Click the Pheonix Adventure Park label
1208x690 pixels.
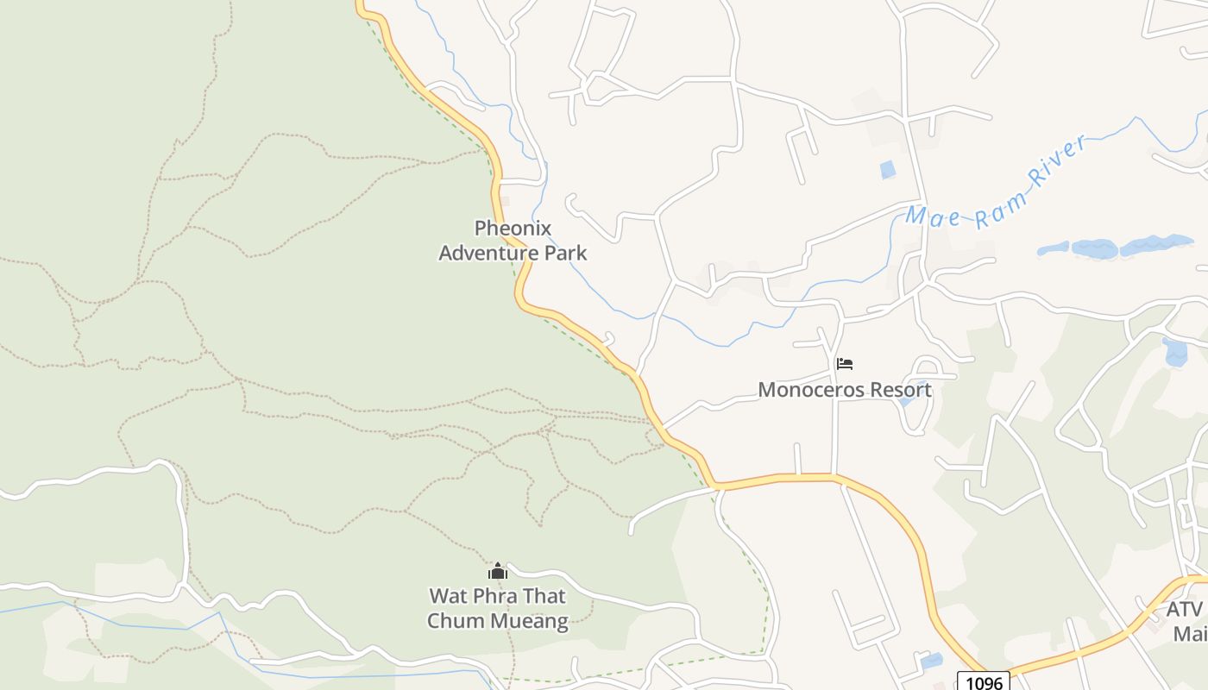pos(513,241)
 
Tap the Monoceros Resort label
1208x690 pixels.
pos(844,390)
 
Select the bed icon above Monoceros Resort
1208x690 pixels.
pos(845,364)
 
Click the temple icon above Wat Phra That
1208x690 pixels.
pos(498,571)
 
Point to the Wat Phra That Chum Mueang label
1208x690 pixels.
pos(498,608)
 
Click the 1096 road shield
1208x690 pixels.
pos(983,682)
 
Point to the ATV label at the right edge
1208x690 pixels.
pos(1184,610)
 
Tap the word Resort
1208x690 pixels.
pos(900,390)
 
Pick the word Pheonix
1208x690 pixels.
pos(513,229)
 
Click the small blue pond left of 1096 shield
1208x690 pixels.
pos(931,662)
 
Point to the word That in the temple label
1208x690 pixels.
pos(547,596)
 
